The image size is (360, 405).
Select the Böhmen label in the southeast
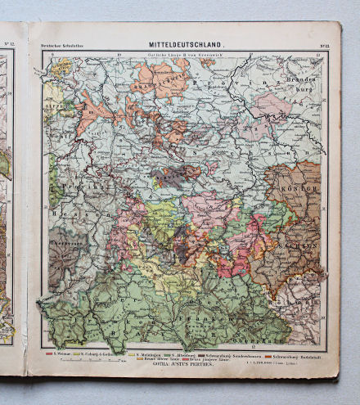pyautogui.click(x=303, y=304)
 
